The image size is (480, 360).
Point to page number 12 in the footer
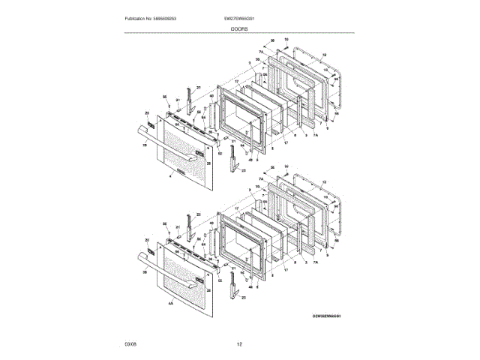239,344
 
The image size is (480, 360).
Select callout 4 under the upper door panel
171,175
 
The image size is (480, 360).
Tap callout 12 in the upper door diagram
325,55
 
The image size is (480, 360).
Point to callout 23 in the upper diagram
244,171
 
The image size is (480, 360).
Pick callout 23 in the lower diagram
244,298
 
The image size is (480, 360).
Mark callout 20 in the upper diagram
147,112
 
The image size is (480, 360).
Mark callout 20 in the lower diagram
147,239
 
